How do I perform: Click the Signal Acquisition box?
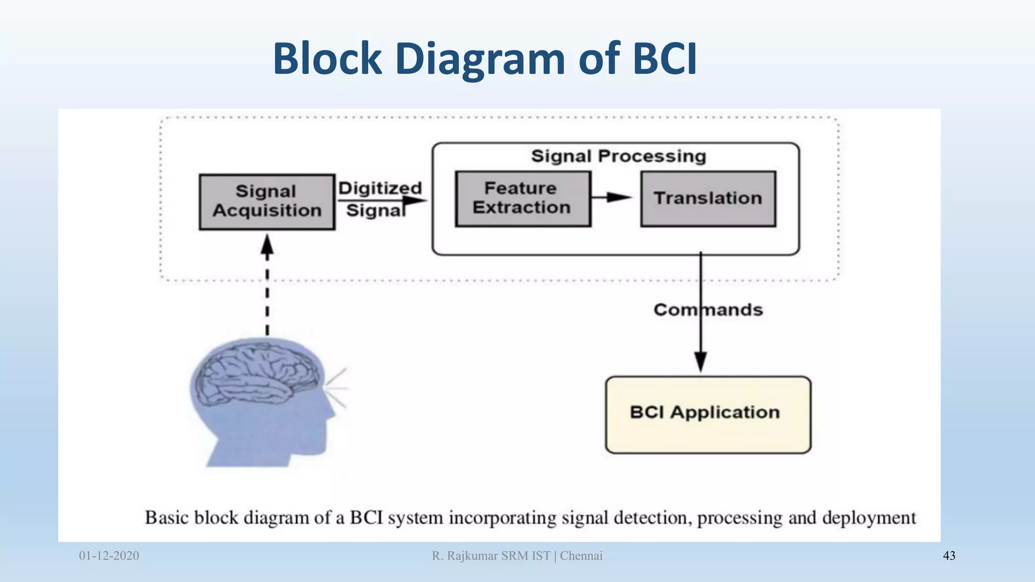267,202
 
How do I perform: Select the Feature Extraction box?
523,199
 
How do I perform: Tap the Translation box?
708,199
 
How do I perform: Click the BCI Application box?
708,414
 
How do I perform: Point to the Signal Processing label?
619,156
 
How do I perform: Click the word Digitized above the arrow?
380,188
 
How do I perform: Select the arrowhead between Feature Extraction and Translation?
619,197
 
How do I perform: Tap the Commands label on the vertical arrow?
708,310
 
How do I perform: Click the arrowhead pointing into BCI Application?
700,361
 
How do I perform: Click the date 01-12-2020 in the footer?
109,556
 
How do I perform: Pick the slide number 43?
949,556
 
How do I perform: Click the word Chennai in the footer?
581,556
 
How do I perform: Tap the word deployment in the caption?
869,518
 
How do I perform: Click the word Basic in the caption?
167,518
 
